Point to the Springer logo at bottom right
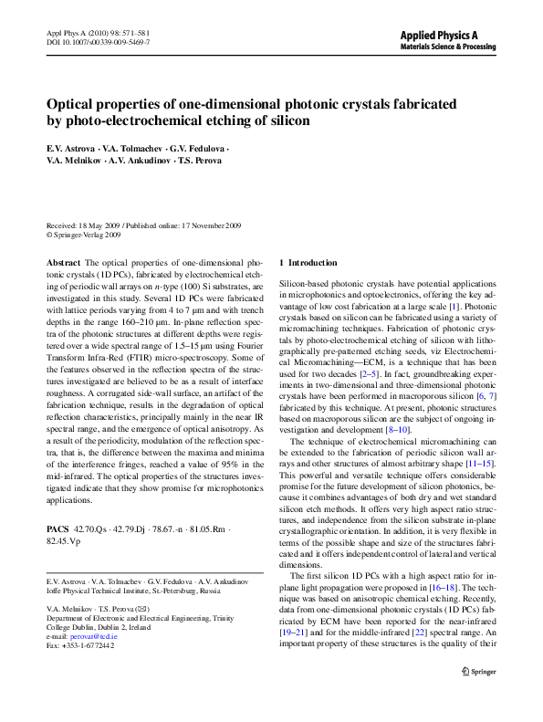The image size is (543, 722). tap(477, 698)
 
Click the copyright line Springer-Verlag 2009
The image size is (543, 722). tap(89, 234)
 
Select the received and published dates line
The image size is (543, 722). tap(143, 225)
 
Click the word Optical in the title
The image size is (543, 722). tap(74, 104)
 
